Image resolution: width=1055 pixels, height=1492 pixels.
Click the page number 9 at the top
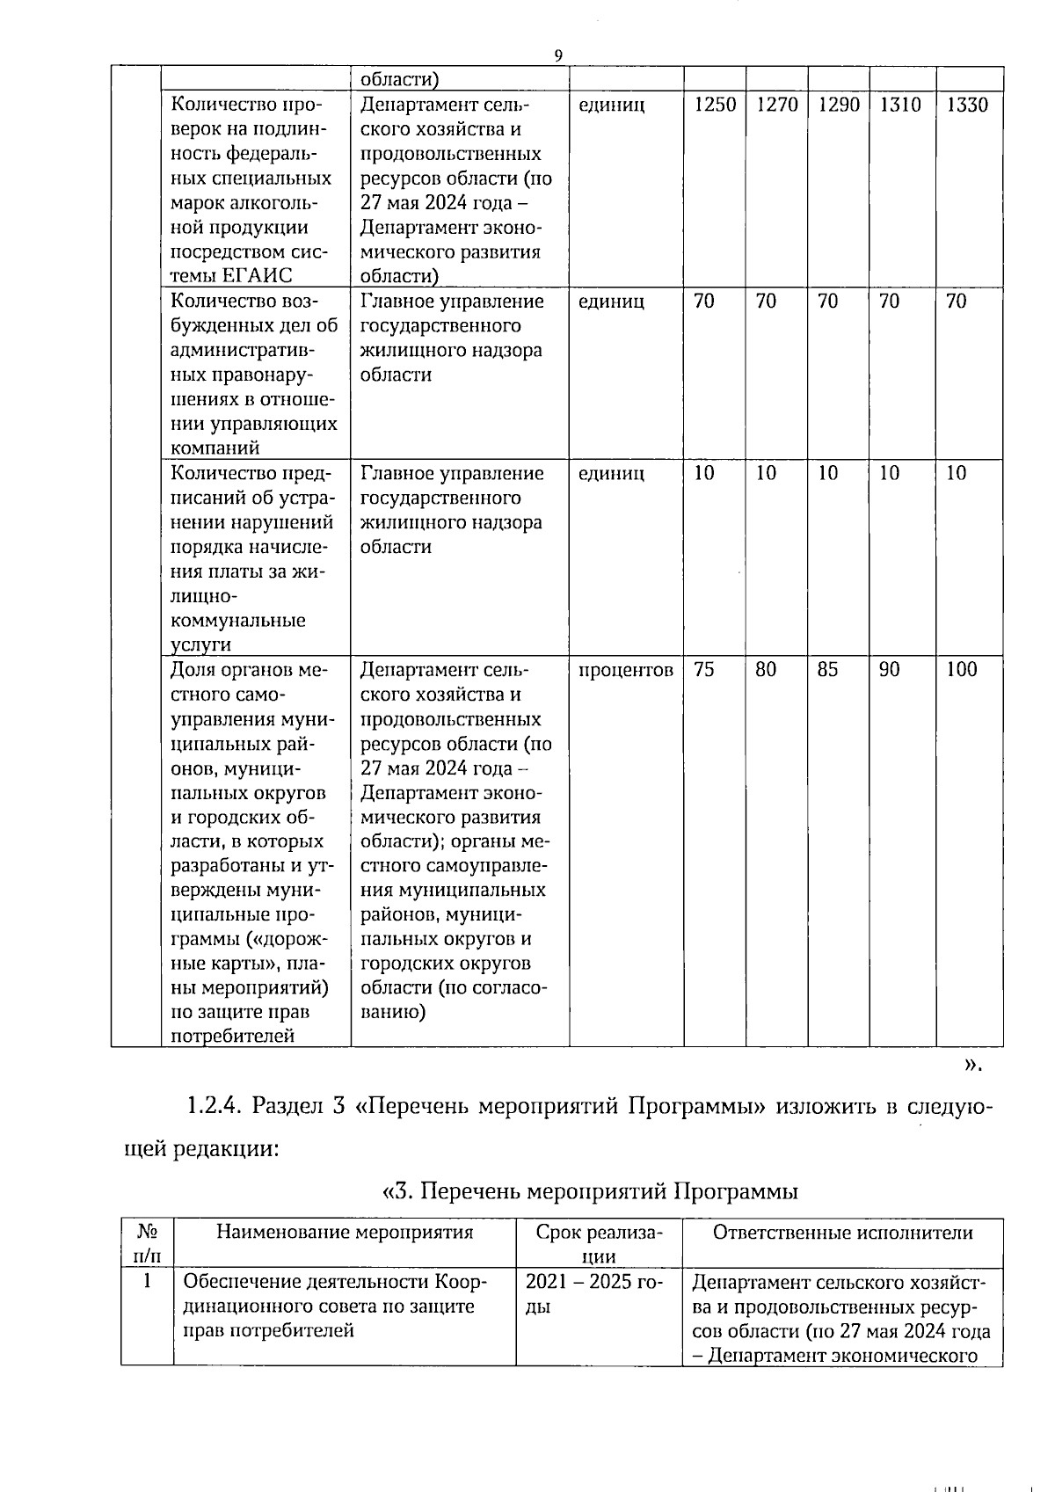557,55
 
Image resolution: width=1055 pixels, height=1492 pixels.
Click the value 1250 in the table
714,106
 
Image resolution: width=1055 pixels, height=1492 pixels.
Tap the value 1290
838,106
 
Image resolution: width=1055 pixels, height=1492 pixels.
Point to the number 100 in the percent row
961,670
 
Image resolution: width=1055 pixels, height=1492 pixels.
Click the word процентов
626,670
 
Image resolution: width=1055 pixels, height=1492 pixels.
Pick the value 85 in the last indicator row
827,670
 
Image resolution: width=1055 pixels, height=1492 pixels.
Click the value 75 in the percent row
703,670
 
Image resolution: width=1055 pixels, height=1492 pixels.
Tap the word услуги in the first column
200,644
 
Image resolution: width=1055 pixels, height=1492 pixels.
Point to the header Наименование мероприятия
345,1232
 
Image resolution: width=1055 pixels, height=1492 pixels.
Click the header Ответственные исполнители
842,1232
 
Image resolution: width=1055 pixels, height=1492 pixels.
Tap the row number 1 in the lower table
147,1281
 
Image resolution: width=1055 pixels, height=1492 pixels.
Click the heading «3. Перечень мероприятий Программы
590,1191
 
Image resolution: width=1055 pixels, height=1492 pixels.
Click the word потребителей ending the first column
231,1036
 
